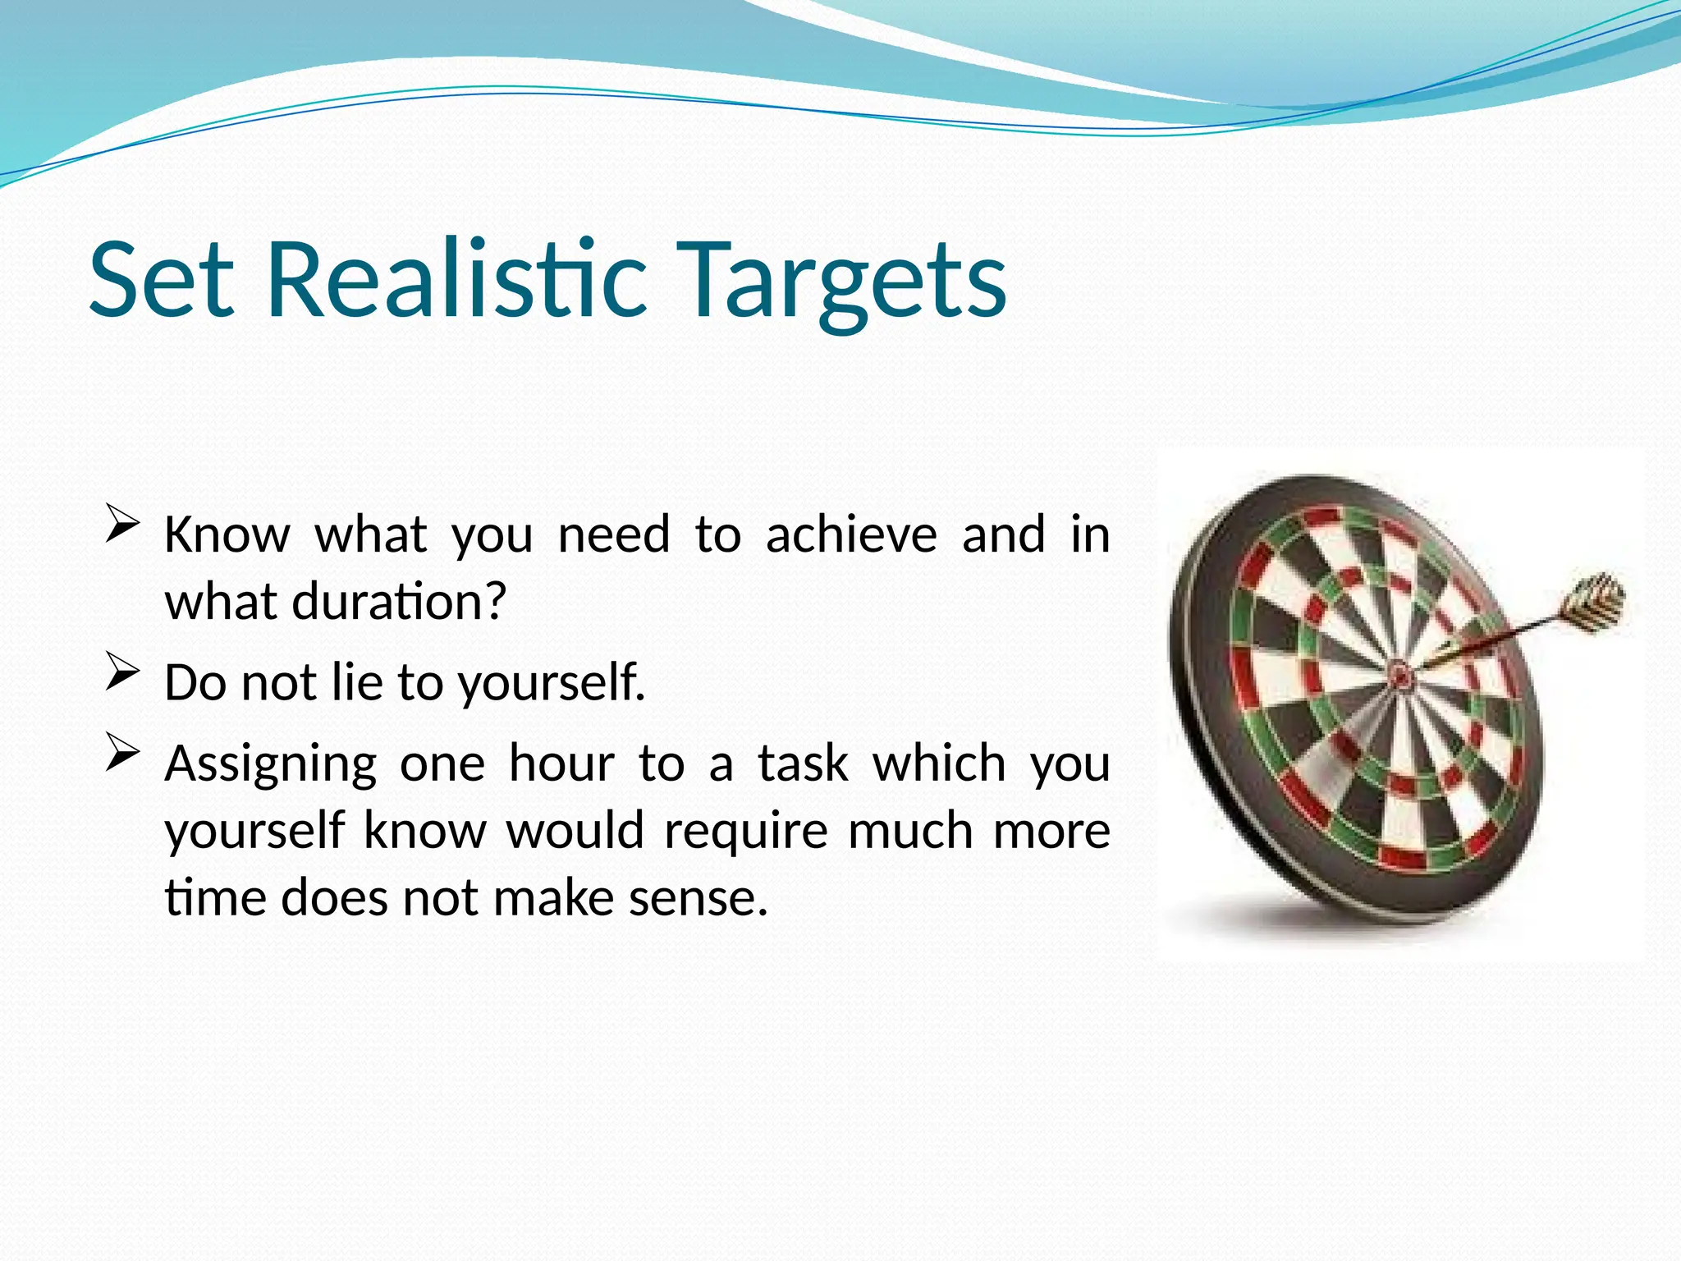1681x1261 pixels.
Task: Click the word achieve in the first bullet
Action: point(851,534)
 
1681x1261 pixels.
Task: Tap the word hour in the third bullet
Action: point(561,763)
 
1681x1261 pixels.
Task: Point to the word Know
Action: point(227,534)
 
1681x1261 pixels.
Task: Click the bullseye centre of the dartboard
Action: point(1401,675)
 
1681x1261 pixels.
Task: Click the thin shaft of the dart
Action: point(1494,641)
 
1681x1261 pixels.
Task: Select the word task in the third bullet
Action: point(802,763)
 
